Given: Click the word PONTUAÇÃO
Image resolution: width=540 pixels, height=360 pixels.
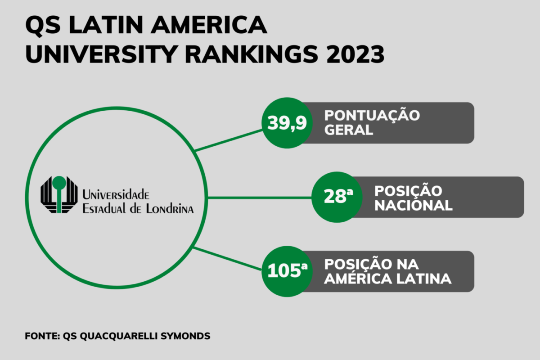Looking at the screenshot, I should point(372,116).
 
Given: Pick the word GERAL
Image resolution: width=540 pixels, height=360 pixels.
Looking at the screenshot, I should point(349,130).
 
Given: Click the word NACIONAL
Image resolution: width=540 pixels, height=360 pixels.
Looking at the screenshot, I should point(414,205).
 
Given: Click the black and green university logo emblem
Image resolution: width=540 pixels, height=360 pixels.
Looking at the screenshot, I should point(58,194).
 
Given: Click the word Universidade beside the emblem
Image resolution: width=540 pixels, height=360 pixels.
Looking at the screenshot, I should point(115,194).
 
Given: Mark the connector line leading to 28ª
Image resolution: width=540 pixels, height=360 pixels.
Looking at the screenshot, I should point(261,197).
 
